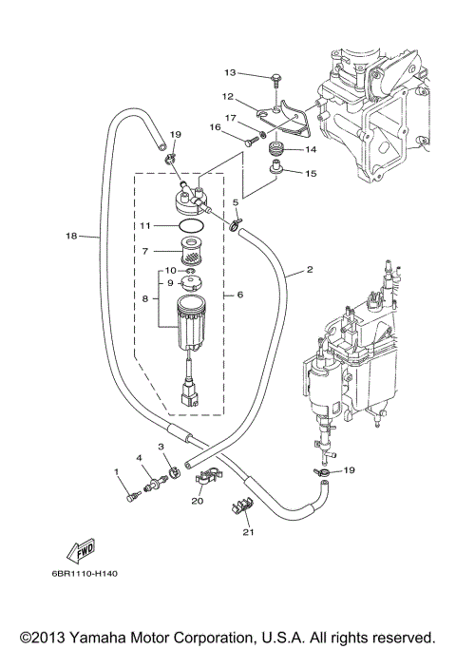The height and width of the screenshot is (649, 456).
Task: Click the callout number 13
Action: (x=230, y=73)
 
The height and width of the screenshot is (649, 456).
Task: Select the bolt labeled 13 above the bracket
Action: (x=275, y=81)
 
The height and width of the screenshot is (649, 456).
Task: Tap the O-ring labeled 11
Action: (x=192, y=226)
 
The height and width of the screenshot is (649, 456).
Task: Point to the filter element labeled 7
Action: (x=192, y=251)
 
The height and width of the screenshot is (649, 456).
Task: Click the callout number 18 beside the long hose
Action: (x=71, y=236)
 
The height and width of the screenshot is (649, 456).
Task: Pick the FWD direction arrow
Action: (x=81, y=551)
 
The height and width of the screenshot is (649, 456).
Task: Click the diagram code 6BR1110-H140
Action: (x=85, y=574)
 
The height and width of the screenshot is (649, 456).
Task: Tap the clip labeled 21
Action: (x=241, y=507)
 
